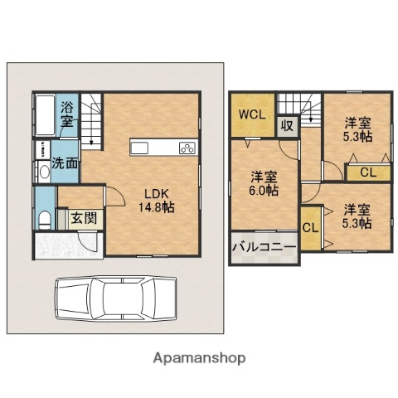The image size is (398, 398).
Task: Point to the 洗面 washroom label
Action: coord(66,163)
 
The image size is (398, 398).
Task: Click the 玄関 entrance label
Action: coord(81,218)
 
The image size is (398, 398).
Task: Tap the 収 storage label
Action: coord(286,126)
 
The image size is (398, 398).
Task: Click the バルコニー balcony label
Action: coord(263,247)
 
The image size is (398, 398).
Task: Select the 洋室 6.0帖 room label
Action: coord(264,182)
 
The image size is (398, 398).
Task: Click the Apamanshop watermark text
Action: coord(198,358)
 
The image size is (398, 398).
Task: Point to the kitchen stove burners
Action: coord(187,148)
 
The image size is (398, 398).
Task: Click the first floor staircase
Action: coord(91,116)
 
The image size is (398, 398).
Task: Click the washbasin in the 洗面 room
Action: coord(43,172)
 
